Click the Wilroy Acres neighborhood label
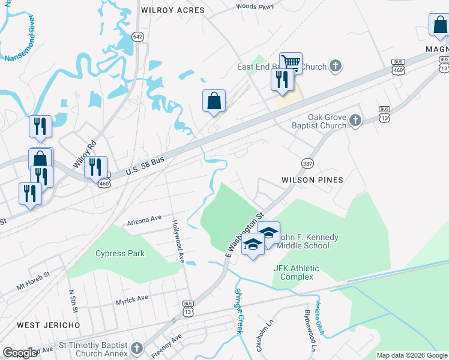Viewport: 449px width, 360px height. click(172, 10)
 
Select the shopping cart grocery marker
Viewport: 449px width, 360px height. click(291, 62)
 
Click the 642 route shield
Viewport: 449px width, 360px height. click(138, 37)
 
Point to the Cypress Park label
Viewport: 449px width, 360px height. click(120, 253)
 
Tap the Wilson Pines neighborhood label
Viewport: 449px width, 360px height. click(312, 180)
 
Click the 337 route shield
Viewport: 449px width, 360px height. click(307, 163)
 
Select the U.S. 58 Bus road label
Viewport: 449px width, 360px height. click(144, 168)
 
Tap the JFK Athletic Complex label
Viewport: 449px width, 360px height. click(297, 272)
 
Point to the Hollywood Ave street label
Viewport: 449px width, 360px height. click(178, 240)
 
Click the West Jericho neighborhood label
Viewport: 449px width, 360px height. click(48, 325)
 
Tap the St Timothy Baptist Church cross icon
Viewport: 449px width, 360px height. click(137, 348)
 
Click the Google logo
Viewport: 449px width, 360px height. click(20, 353)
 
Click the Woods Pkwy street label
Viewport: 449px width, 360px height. click(255, 7)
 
